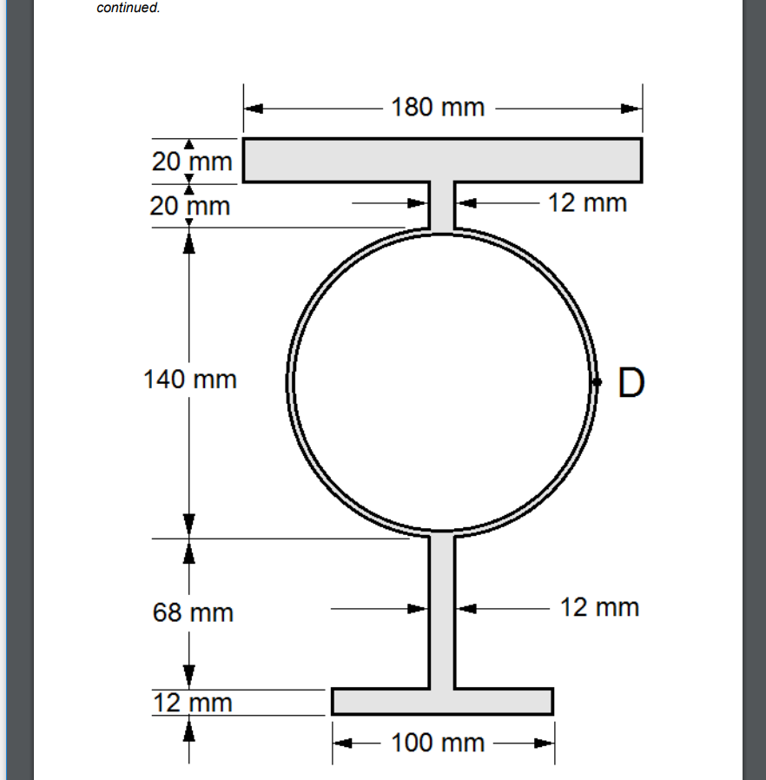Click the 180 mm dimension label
pyautogui.click(x=438, y=109)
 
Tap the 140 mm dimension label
pyautogui.click(x=189, y=380)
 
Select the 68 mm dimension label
pyautogui.click(x=193, y=612)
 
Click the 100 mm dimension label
pyautogui.click(x=438, y=744)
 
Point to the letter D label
pyautogui.click(x=632, y=382)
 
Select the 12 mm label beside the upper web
pyautogui.click(x=588, y=203)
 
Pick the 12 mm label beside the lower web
pyautogui.click(x=599, y=607)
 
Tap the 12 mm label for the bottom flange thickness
pyautogui.click(x=193, y=702)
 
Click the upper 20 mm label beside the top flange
pyautogui.click(x=192, y=162)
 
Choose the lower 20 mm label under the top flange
pyautogui.click(x=190, y=207)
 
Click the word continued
pyautogui.click(x=128, y=8)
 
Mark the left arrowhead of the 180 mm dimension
pyautogui.click(x=253, y=109)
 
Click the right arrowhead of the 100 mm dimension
pyautogui.click(x=545, y=744)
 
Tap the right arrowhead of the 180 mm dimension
pyautogui.click(x=632, y=109)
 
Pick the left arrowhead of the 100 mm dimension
pyautogui.click(x=342, y=744)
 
